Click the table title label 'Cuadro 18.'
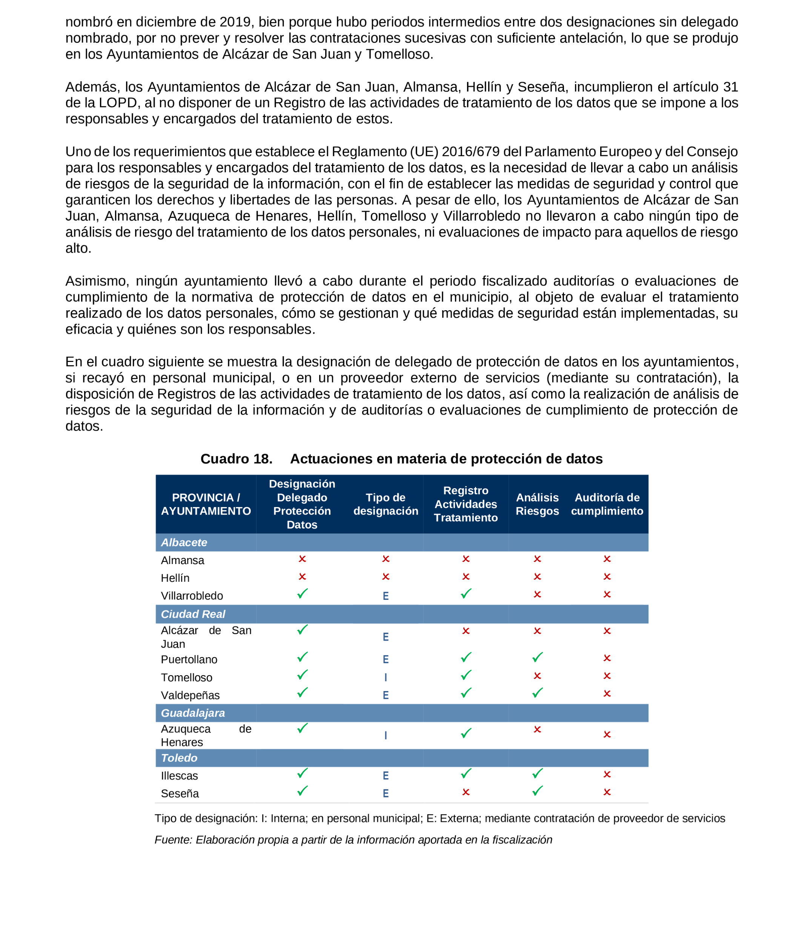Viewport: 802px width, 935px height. pos(236,458)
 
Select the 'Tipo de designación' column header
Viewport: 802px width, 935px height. pos(385,504)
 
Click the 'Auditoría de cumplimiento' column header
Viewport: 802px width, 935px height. pos(607,504)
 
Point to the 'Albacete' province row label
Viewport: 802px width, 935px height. pos(184,543)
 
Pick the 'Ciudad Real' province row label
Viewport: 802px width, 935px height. pos(193,614)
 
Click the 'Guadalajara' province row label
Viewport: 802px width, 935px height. pos(193,713)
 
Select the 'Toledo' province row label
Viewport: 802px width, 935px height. pos(179,758)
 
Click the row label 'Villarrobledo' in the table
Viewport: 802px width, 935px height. pos(192,596)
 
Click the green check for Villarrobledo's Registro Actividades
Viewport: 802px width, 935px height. pos(466,594)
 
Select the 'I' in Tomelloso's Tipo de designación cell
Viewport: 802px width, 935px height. pos(385,677)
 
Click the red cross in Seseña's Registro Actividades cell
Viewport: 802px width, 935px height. pos(466,792)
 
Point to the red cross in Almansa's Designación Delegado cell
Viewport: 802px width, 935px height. pos(302,559)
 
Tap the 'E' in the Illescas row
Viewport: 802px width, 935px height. pos(385,776)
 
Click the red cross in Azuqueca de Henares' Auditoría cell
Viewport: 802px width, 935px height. pos(607,735)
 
